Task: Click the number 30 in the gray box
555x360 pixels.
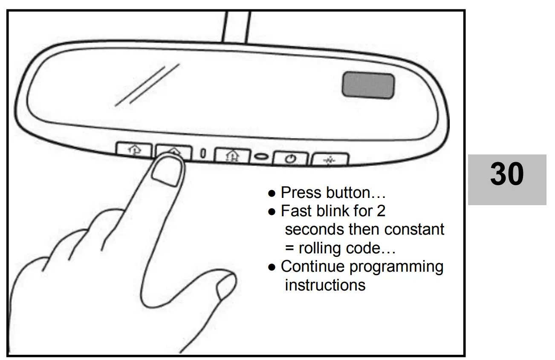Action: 507,174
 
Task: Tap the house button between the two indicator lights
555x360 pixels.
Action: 232,155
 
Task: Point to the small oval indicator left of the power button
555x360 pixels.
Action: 261,157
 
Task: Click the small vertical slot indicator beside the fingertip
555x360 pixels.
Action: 203,153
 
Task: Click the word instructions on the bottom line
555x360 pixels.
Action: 325,285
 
